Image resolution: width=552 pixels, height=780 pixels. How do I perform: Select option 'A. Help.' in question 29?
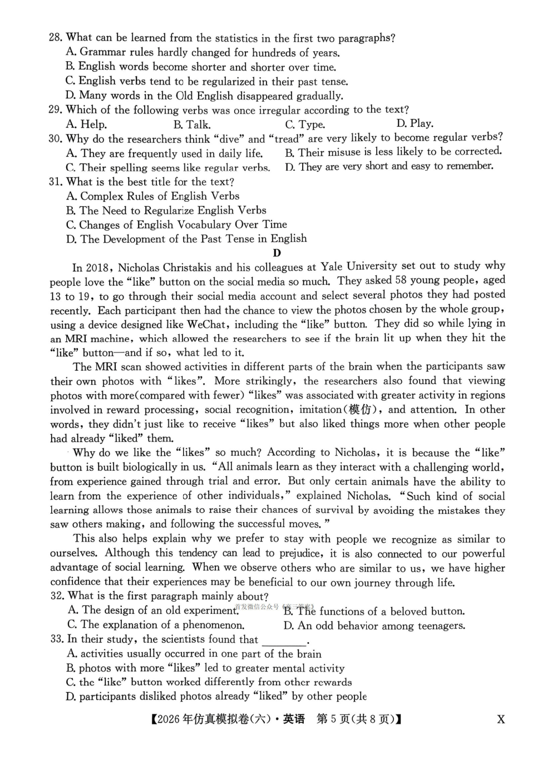[86, 124]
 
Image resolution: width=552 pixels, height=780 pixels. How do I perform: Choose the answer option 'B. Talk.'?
[192, 125]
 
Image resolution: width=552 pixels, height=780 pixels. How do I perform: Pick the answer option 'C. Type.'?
[305, 124]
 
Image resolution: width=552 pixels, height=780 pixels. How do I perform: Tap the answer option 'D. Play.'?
[415, 123]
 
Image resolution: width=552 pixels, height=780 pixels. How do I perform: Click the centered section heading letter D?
[277, 253]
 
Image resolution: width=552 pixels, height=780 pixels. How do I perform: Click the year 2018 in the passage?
[100, 267]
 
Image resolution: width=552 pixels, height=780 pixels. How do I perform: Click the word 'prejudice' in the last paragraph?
[300, 553]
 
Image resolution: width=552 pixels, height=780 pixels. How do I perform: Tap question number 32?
[57, 596]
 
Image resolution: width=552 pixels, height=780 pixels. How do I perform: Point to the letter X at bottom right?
[501, 719]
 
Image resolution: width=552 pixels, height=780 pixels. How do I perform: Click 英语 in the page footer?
[294, 719]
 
